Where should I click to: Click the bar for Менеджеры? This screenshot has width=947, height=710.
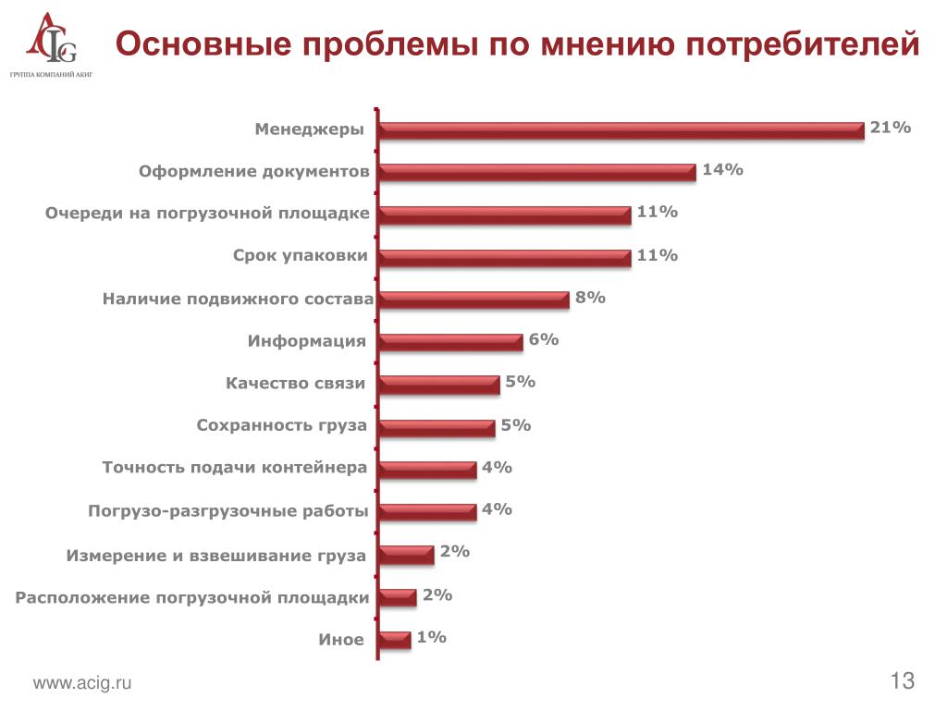(621, 130)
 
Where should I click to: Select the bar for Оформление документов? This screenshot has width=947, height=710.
(537, 172)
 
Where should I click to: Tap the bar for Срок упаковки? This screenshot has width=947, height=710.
(505, 257)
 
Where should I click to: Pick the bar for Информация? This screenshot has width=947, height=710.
(451, 342)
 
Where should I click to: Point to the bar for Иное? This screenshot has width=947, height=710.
(395, 640)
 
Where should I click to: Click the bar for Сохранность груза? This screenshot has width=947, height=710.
(437, 427)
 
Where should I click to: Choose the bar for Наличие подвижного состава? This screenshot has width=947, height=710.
(473, 300)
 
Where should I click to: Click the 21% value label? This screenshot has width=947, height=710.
(891, 128)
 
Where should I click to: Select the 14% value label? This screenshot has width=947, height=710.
(722, 169)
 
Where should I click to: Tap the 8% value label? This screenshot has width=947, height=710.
(590, 297)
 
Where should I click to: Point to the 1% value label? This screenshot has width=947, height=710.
(432, 637)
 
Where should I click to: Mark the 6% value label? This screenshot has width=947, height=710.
(544, 339)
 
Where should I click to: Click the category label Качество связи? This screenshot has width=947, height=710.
(295, 384)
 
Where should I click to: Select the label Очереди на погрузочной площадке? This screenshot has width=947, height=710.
(207, 214)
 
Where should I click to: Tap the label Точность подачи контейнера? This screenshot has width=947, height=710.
(234, 469)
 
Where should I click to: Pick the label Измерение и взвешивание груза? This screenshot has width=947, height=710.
(215, 556)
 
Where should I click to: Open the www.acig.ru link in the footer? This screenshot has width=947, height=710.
(82, 683)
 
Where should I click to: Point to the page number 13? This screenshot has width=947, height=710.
(903, 681)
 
